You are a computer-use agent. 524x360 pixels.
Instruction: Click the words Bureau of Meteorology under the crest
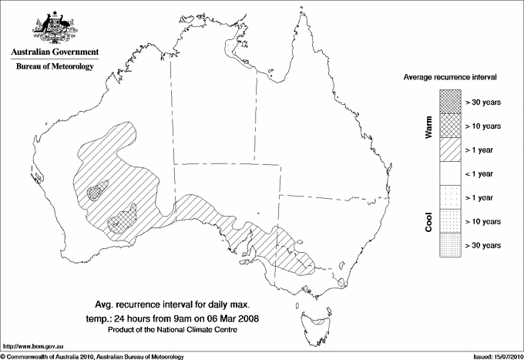(x=55, y=67)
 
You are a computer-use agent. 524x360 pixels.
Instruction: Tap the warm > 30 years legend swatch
(x=450, y=101)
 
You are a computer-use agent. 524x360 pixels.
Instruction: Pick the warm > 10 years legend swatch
(x=450, y=125)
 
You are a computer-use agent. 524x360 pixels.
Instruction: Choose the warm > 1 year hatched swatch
(x=450, y=149)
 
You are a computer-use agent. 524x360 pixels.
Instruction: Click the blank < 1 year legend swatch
(x=450, y=173)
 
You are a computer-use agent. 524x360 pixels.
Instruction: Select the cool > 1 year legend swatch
(x=450, y=197)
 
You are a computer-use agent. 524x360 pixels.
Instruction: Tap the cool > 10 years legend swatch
(x=450, y=221)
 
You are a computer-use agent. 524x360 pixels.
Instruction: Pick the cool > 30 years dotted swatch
(x=450, y=245)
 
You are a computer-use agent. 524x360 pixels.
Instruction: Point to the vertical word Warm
(x=429, y=126)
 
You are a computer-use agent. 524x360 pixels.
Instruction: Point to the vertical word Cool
(x=429, y=221)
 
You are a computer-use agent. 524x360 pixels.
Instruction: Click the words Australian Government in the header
(x=55, y=52)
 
